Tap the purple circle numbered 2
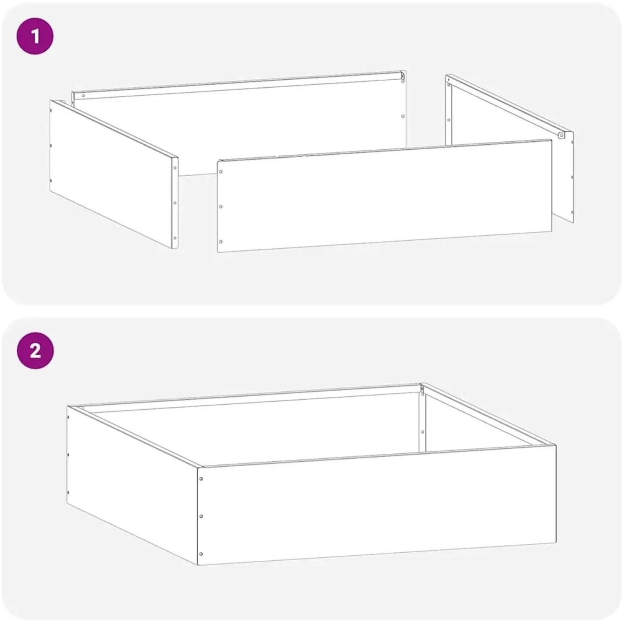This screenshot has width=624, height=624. click(x=35, y=351)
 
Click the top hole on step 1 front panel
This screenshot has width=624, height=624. click(x=221, y=172)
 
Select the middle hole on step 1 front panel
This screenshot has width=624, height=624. click(x=221, y=207)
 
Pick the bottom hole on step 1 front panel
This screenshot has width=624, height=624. click(x=221, y=242)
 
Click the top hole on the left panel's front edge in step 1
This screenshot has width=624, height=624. click(x=175, y=168)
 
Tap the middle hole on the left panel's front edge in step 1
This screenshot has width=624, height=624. click(x=175, y=203)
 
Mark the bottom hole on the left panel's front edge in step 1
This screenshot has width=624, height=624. click(x=175, y=238)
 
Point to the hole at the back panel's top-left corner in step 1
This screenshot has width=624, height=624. click(x=83, y=96)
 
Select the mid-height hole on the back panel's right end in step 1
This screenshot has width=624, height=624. click(x=403, y=116)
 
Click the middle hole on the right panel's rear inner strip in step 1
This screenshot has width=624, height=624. click(x=449, y=120)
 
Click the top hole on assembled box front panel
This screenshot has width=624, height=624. click(x=201, y=479)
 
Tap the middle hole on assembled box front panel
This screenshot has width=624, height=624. click(x=201, y=516)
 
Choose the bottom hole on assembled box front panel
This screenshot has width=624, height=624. click(x=201, y=554)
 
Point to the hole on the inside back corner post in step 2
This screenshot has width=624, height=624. click(x=423, y=432)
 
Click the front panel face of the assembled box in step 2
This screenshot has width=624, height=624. click(x=377, y=505)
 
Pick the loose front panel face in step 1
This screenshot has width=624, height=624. click(x=384, y=196)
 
